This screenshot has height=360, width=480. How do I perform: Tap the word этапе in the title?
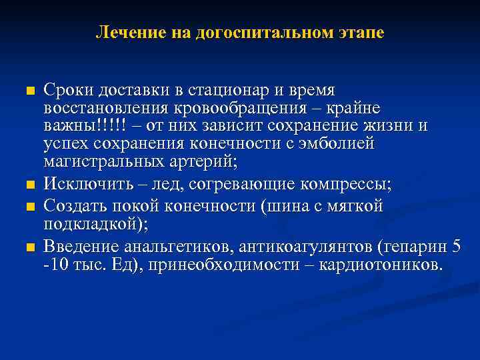click(361, 32)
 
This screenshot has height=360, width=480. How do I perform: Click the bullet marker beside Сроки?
click(27, 90)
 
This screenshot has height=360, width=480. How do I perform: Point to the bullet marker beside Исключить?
click(27, 184)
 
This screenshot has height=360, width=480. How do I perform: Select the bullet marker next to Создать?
click(27, 208)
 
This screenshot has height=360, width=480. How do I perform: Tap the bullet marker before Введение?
click(27, 247)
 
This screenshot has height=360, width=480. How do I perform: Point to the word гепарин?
click(413, 247)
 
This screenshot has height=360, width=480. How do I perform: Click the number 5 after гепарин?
click(456, 247)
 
